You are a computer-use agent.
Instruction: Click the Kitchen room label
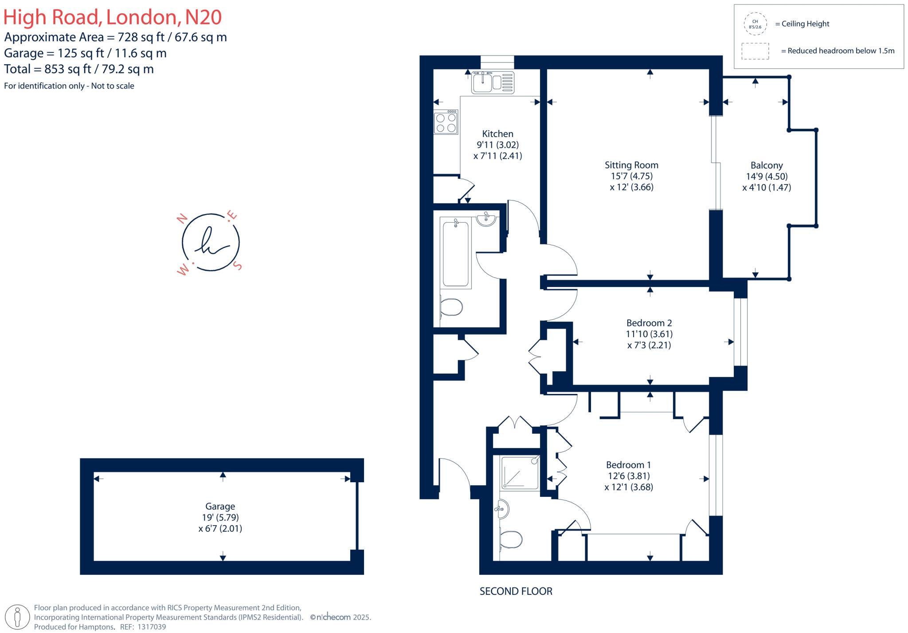[497, 134]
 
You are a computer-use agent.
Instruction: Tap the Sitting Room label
[631, 165]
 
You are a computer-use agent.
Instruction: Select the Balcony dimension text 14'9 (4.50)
[767, 177]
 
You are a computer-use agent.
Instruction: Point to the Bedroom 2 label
[649, 323]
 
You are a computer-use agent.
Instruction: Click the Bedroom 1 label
[628, 465]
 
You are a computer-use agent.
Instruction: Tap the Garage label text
[220, 507]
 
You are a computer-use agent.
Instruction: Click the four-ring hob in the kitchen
[446, 122]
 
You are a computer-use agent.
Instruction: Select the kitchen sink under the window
[493, 83]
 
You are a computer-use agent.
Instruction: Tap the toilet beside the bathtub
[451, 307]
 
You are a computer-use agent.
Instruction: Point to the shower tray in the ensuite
[520, 473]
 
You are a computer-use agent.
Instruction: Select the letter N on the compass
[181, 219]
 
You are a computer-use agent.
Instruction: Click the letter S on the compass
[238, 266]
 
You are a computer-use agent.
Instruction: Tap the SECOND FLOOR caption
[516, 591]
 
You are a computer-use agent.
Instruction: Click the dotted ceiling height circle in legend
[755, 24]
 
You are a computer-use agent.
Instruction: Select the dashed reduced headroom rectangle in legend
[755, 51]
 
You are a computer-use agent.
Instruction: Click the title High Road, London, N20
[112, 17]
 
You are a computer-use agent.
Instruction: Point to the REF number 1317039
[152, 627]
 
